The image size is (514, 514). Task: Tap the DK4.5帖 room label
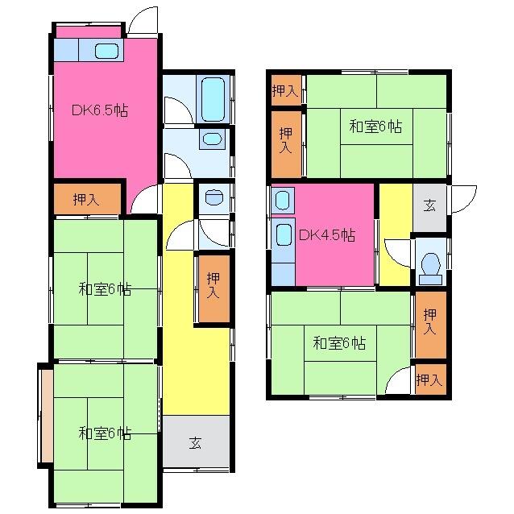[326, 236]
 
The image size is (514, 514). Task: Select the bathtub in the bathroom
[213, 99]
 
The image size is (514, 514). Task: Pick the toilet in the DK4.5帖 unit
[430, 264]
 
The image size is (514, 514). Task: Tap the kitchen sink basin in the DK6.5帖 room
[106, 51]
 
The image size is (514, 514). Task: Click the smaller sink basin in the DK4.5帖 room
[283, 200]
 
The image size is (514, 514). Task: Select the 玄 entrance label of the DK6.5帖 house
[196, 442]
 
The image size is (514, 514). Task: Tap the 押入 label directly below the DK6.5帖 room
[86, 200]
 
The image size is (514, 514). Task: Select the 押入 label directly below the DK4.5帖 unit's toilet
[431, 322]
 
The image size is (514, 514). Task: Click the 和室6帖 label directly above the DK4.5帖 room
[375, 127]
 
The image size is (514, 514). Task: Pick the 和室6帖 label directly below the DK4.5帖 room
[339, 343]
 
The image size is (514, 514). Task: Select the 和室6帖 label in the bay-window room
[105, 433]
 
